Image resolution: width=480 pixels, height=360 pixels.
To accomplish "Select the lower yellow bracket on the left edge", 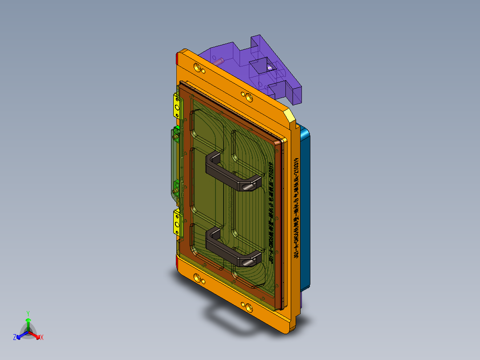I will point(178,223).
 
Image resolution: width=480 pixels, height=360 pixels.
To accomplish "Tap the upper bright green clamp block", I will point(177,129).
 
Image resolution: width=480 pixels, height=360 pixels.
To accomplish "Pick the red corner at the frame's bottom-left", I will point(178,266).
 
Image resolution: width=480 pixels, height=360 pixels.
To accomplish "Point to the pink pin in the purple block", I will point(220,59).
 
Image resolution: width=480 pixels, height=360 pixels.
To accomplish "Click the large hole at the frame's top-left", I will point(197,68).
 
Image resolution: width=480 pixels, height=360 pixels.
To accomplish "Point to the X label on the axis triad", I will point(42,337).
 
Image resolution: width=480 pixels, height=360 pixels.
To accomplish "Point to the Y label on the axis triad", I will point(28,313).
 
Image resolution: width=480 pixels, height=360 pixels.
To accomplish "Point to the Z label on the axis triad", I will point(15,337).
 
